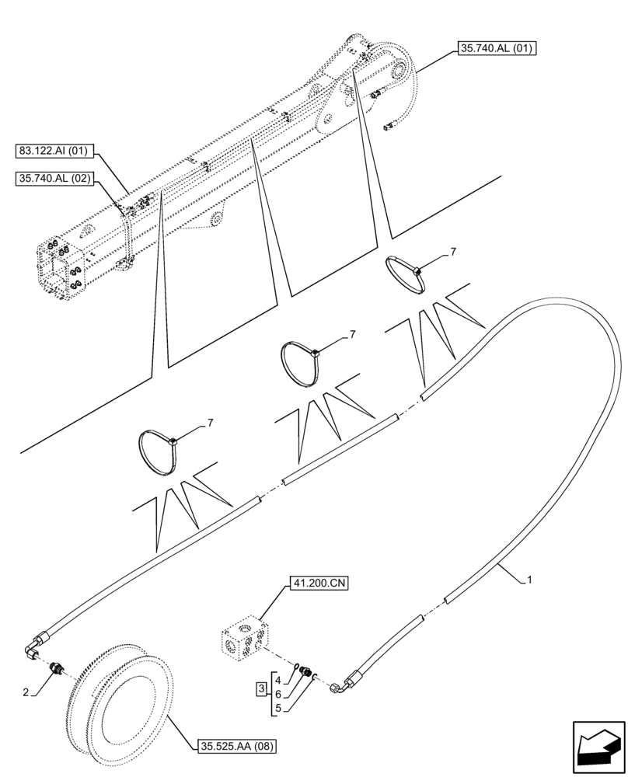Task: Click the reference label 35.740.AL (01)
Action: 497,48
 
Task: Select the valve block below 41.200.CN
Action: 244,640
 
